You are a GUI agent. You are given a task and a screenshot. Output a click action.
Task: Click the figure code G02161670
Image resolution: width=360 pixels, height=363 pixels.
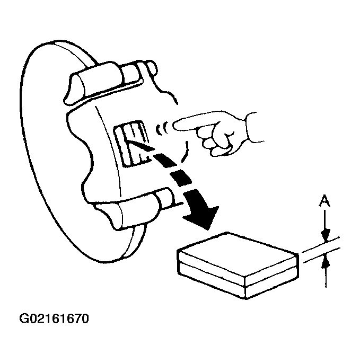pos(54,319)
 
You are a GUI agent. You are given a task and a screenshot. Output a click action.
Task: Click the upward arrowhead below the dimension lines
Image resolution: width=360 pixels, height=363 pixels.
pos(326,260)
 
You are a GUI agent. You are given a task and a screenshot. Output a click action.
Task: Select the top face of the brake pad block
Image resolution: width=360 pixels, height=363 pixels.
pos(236,252)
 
